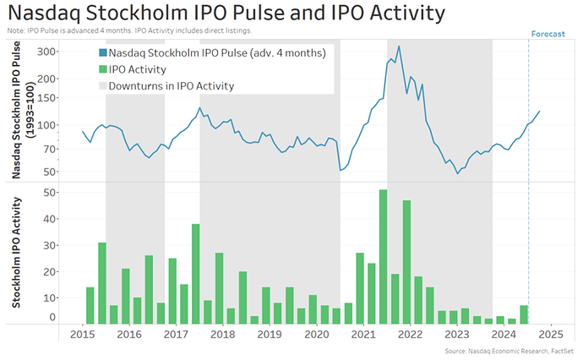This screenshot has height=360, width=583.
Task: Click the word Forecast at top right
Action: [x=549, y=34]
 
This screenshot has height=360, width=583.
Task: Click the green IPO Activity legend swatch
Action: [x=102, y=69]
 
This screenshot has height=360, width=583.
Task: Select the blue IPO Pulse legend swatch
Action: [x=102, y=53]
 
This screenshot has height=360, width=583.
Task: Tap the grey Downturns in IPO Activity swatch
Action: [x=102, y=85]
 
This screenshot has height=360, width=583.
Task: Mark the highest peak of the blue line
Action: [x=398, y=46]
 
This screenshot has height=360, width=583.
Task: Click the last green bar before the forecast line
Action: [x=523, y=314]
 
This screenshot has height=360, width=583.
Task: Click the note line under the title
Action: [x=127, y=31]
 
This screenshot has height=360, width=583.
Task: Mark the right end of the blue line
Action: [x=539, y=112]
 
